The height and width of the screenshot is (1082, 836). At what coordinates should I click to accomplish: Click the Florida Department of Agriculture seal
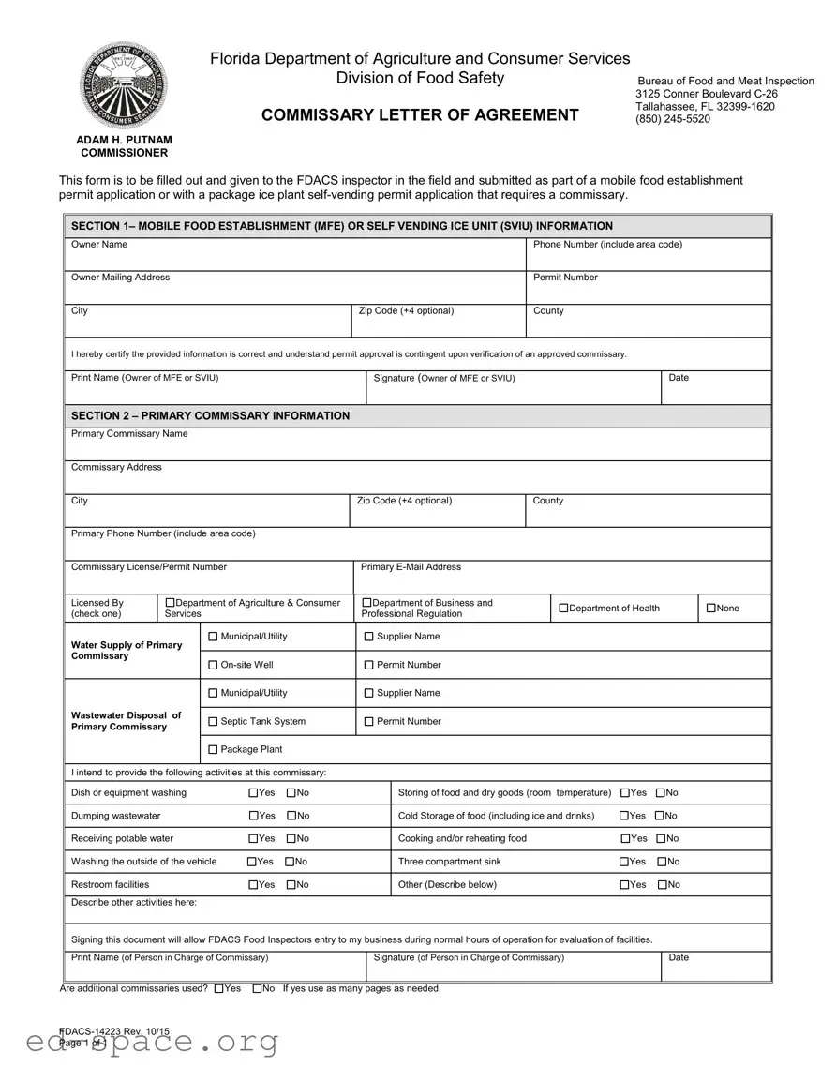(124, 86)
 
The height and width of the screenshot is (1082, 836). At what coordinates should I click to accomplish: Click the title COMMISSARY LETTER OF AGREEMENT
(420, 115)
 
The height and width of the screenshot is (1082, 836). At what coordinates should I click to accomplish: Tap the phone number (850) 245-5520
(672, 119)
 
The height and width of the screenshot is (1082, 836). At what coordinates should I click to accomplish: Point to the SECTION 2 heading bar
(418, 415)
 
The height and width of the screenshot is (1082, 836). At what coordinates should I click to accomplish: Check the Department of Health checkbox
(563, 609)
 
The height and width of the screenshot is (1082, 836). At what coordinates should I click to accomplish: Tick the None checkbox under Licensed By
(710, 609)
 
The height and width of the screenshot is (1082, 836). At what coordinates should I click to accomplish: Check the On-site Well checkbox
(213, 665)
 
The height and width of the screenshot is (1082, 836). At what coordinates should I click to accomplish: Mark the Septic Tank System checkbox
(213, 721)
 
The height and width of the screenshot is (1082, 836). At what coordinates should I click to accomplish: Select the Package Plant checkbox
(213, 749)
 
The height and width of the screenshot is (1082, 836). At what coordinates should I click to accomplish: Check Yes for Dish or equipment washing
(254, 793)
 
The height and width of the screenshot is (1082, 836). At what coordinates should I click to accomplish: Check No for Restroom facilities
(291, 885)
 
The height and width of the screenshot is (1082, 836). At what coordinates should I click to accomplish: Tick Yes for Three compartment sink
(625, 862)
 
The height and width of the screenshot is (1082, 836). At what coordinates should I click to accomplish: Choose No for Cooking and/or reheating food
(661, 839)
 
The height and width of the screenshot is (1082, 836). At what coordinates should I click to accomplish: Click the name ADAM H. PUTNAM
(124, 140)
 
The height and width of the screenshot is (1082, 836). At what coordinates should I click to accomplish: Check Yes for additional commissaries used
(219, 988)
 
